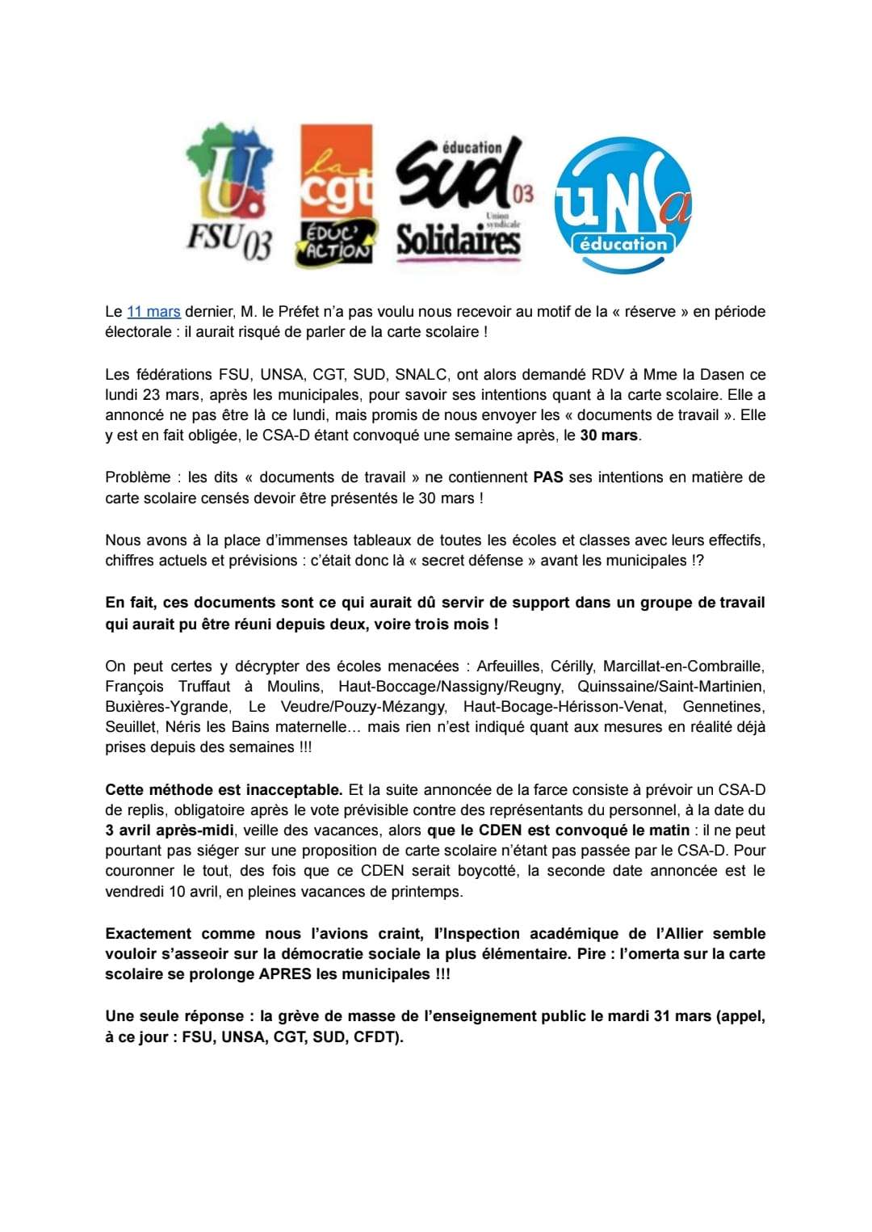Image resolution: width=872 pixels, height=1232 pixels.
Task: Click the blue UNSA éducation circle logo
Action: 623,204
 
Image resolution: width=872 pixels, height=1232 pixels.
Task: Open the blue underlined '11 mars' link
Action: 153,312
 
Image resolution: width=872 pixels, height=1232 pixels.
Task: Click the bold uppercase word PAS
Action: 547,477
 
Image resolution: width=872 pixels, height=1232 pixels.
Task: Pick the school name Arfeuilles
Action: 508,666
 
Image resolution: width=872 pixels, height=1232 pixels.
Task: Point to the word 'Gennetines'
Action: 723,707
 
